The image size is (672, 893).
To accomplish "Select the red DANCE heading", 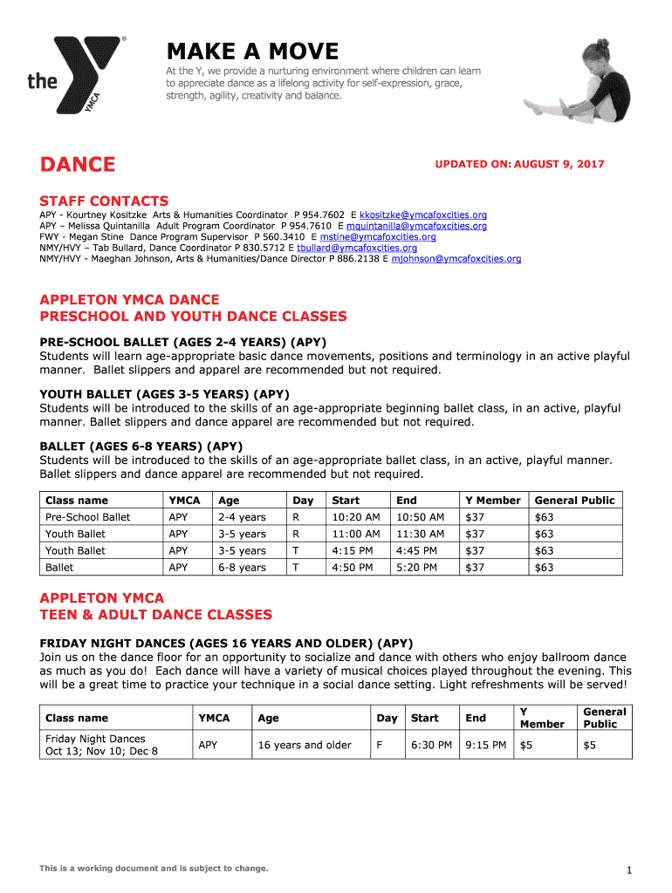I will [77, 164].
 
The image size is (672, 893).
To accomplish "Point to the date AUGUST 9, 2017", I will [559, 164].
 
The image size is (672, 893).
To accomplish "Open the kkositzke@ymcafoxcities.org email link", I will [423, 215].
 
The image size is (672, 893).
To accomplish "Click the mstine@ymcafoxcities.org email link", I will [378, 236].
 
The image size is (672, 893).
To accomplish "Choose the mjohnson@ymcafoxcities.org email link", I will [456, 259].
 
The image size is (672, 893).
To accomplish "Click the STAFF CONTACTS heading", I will [104, 201].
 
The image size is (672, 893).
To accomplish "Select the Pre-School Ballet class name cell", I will [87, 517].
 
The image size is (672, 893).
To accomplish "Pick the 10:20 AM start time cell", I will [355, 517].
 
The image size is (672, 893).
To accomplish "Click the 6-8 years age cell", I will [242, 568].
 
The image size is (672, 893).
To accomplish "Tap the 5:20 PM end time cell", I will [419, 568].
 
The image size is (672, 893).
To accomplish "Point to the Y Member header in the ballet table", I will [492, 501].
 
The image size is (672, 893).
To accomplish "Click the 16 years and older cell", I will [305, 745].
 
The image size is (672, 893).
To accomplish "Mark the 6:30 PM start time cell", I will [431, 745].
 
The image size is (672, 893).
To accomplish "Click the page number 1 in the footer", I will [628, 869].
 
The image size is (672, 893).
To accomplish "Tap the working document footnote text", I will [154, 869].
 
